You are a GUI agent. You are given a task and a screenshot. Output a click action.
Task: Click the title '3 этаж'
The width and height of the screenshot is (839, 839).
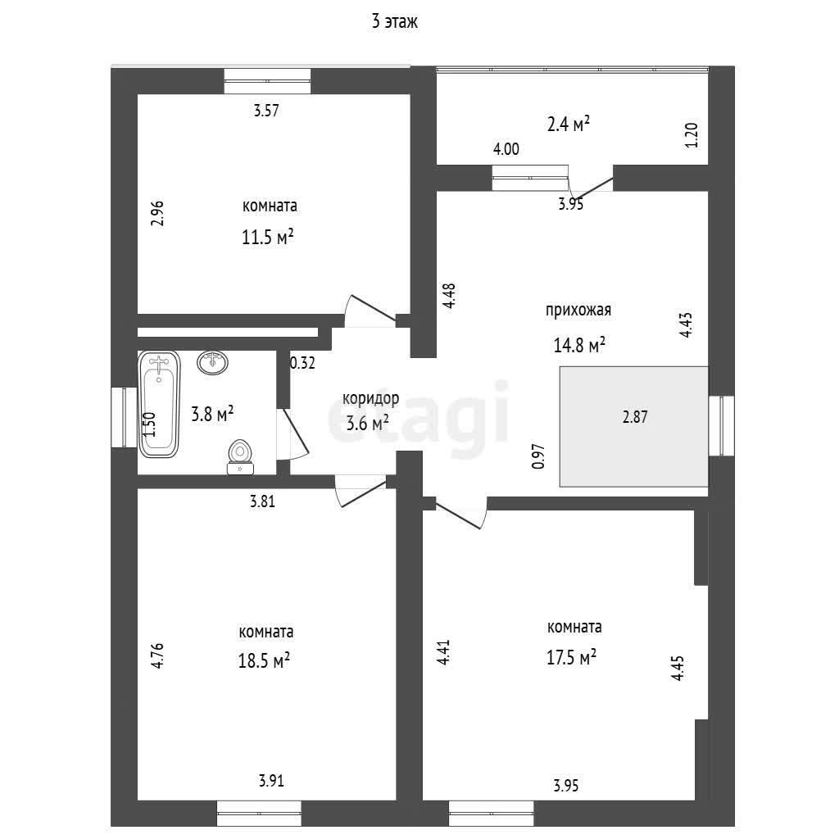click(395, 23)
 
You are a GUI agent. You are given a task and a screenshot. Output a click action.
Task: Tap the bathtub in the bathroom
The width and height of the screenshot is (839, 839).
click(159, 404)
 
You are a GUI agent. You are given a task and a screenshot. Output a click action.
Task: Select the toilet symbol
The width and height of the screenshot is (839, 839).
click(240, 456)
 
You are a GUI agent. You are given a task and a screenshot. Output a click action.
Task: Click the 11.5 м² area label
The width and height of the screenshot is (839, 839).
click(269, 238)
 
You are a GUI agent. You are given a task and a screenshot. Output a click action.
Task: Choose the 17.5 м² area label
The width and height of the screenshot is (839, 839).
click(571, 657)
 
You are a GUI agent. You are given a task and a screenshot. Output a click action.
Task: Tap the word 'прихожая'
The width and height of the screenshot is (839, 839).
click(578, 310)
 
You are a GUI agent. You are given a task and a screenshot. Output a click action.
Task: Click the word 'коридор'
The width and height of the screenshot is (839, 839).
click(371, 399)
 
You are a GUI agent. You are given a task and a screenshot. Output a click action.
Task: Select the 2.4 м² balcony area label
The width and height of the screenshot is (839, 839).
click(568, 125)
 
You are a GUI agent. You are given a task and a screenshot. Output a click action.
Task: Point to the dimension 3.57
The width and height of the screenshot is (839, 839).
click(267, 111)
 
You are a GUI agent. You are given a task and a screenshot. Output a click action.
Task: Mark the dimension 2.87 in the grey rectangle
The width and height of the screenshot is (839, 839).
click(635, 417)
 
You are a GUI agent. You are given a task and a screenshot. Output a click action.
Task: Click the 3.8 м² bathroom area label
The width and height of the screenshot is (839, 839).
click(212, 414)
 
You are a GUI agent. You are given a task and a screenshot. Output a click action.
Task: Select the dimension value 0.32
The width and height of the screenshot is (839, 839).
click(302, 363)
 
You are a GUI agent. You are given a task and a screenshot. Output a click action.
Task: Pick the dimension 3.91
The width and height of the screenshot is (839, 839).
click(272, 781)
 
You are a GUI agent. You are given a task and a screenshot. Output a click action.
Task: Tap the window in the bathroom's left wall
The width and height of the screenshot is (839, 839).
click(124, 417)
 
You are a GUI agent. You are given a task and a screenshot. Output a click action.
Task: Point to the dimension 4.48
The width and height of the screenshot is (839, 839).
click(448, 296)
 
